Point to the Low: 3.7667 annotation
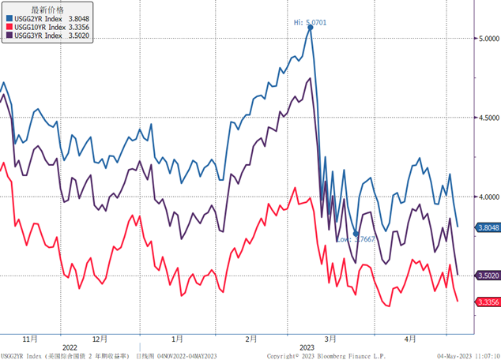coord(355,238)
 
